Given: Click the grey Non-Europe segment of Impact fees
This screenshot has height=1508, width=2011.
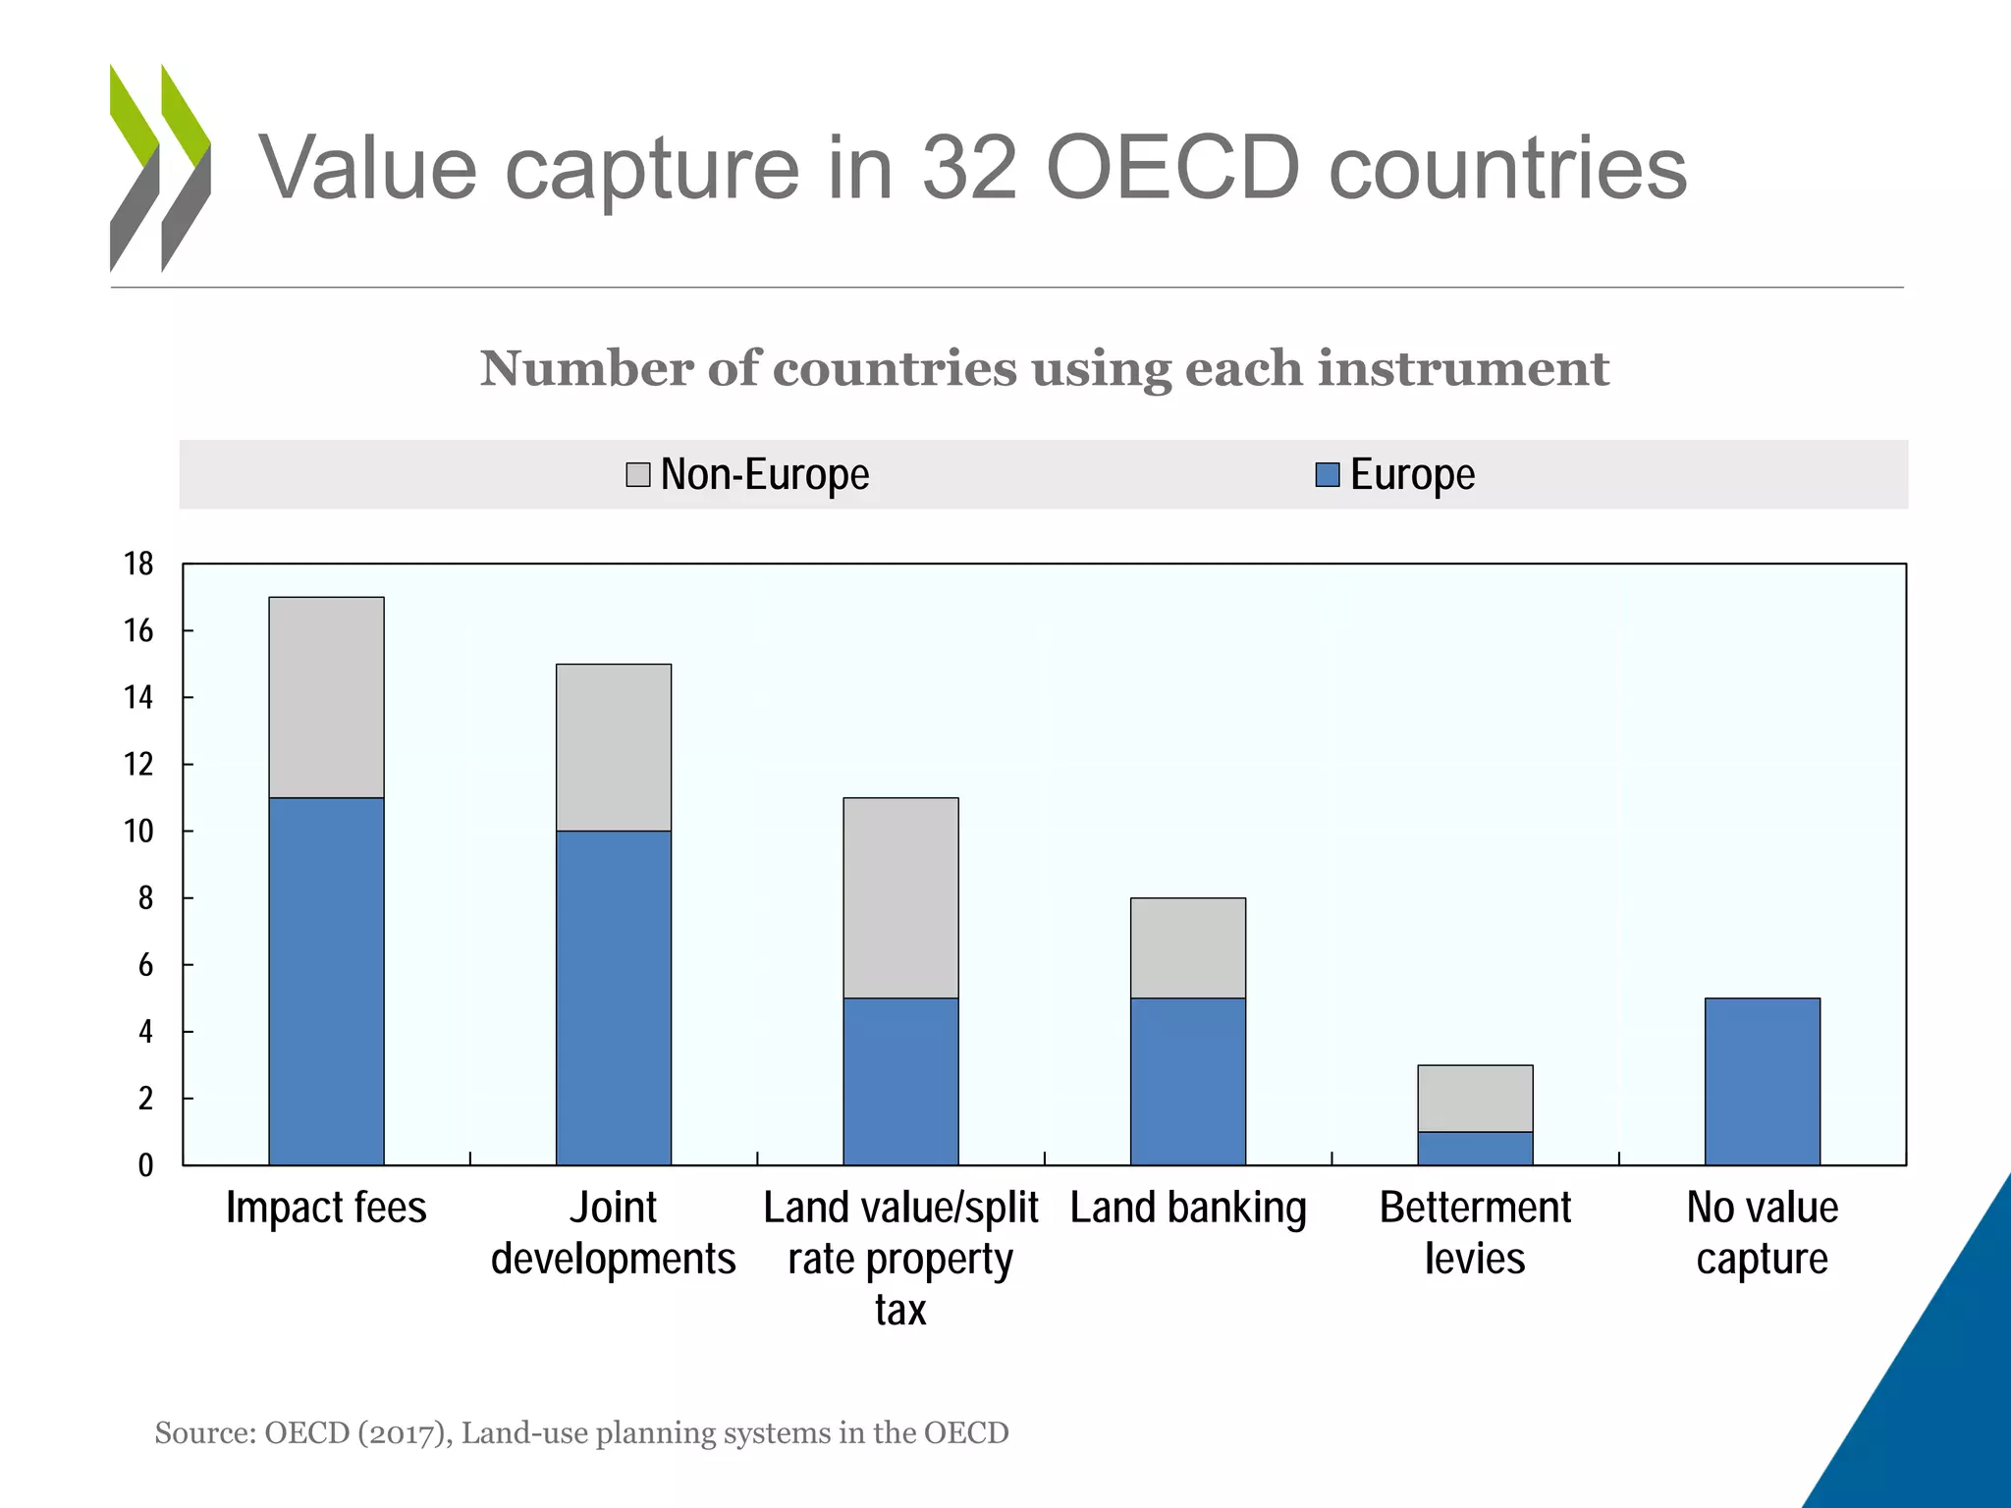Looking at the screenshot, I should pos(326,697).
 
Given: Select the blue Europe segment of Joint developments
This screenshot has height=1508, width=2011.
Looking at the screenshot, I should pos(614,996).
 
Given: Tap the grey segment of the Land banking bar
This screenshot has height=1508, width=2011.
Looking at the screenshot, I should pos(1188,947).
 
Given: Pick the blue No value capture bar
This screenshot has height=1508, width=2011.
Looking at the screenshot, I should pos(1763,1080).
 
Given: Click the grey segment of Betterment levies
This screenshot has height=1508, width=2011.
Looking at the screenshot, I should pos(1475,1098).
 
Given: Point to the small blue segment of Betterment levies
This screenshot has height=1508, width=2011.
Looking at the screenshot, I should pos(1475,1148).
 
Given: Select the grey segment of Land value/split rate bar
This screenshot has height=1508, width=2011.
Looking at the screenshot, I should pos(900,897).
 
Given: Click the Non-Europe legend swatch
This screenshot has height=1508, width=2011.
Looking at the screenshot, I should pos(638,475).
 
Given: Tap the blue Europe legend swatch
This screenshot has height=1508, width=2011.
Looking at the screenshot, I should pos(1328,475).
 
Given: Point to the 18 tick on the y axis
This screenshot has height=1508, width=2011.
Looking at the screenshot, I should pos(138,564).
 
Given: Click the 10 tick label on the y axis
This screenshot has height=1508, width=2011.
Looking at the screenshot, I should pos(138,832).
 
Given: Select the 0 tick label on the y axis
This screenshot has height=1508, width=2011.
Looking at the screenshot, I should pos(145,1165).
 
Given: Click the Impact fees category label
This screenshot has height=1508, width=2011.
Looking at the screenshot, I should pos(326,1208).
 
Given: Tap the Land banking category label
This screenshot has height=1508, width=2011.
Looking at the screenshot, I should pos(1188,1208).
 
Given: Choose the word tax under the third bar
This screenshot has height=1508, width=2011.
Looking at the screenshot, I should pos(900,1311).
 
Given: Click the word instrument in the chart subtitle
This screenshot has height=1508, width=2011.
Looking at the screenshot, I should pos(1463,369).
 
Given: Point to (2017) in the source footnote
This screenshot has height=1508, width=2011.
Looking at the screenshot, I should pos(405,1433).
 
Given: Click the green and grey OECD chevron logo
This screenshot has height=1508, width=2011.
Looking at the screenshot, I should pos(160,167).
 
